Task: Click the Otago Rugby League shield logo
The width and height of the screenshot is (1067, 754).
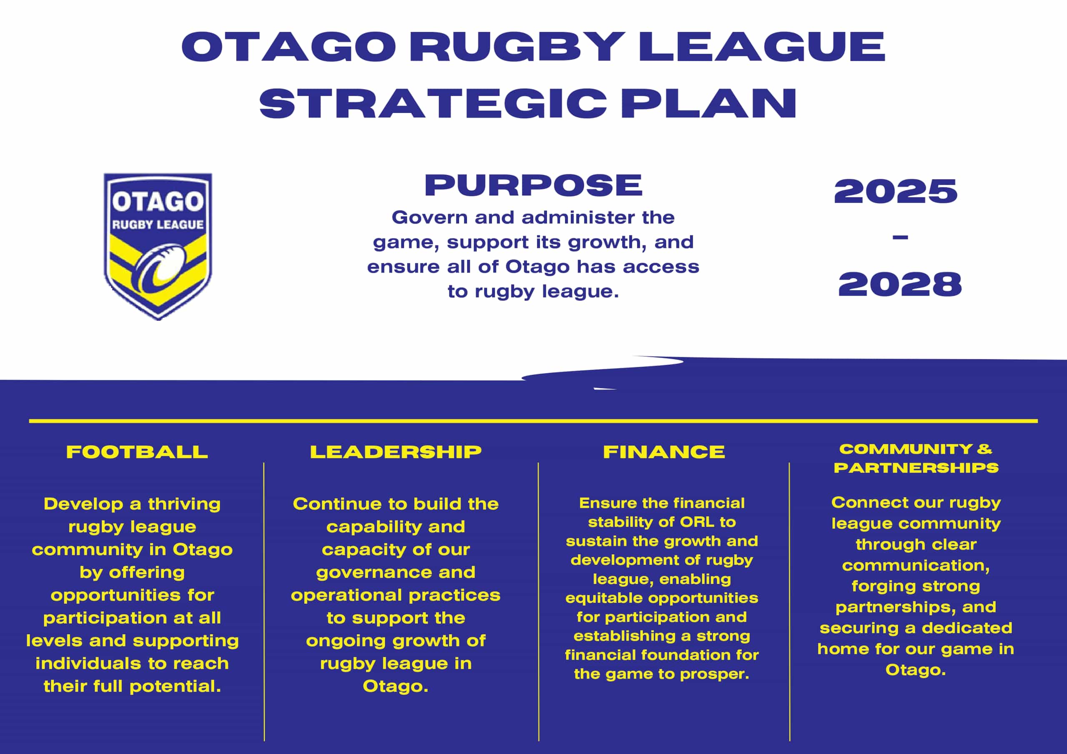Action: point(158,246)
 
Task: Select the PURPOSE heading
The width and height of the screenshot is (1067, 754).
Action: point(533,185)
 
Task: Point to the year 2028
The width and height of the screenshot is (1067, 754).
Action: point(900,284)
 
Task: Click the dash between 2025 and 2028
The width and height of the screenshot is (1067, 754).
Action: point(900,238)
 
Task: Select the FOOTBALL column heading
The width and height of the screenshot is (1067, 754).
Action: point(137,452)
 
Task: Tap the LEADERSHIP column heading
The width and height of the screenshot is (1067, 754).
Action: point(396,452)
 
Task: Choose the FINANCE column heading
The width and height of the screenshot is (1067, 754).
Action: point(664,452)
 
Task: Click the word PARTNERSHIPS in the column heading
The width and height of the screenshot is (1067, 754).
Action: point(916,468)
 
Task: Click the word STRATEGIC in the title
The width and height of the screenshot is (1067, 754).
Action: point(433,103)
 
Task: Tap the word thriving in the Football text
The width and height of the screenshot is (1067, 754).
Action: point(184,505)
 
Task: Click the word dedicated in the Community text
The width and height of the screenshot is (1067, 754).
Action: point(967,628)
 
